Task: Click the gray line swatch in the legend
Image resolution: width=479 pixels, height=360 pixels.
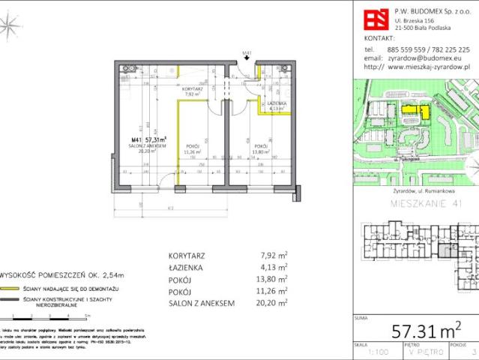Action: [8, 300]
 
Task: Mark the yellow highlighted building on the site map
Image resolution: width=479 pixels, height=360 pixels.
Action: [412, 112]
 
